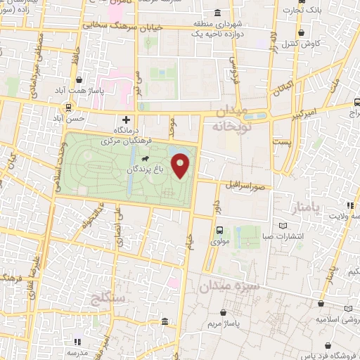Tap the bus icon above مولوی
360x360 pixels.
[x=219, y=230]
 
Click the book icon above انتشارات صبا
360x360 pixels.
[x=283, y=225]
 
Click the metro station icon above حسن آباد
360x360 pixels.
[x=69, y=108]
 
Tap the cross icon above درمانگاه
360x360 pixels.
[x=127, y=120]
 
